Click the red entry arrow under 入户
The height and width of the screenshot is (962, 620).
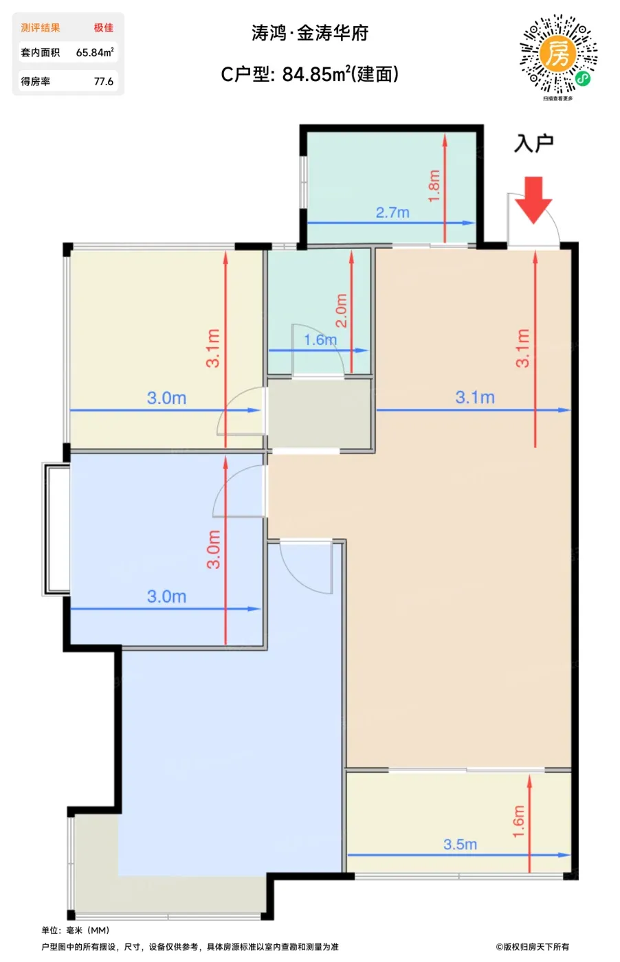pyautogui.click(x=533, y=200)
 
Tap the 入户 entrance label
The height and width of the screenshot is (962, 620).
pyautogui.click(x=533, y=144)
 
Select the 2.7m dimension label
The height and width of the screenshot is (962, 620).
pyautogui.click(x=392, y=212)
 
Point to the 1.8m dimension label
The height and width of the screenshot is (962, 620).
pyautogui.click(x=434, y=186)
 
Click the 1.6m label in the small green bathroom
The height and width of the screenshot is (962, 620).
pyautogui.click(x=320, y=339)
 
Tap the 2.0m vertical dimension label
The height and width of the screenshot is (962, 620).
pyautogui.click(x=341, y=311)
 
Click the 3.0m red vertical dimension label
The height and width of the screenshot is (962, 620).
pyautogui.click(x=214, y=549)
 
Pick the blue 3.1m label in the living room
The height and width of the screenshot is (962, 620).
pyautogui.click(x=475, y=397)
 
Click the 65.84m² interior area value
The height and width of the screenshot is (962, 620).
pyautogui.click(x=95, y=52)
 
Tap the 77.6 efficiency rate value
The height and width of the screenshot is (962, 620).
pyautogui.click(x=104, y=81)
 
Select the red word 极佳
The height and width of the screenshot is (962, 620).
pyautogui.click(x=104, y=27)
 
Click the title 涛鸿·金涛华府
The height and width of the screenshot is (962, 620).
pyautogui.click(x=310, y=33)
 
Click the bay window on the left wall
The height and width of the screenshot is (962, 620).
pyautogui.click(x=56, y=530)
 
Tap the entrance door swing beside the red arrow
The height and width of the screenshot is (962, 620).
pyautogui.click(x=533, y=220)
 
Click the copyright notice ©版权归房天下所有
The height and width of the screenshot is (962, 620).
pyautogui.click(x=532, y=947)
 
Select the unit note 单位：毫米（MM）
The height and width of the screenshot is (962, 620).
pyautogui.click(x=76, y=930)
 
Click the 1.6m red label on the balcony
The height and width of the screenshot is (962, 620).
pyautogui.click(x=518, y=821)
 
